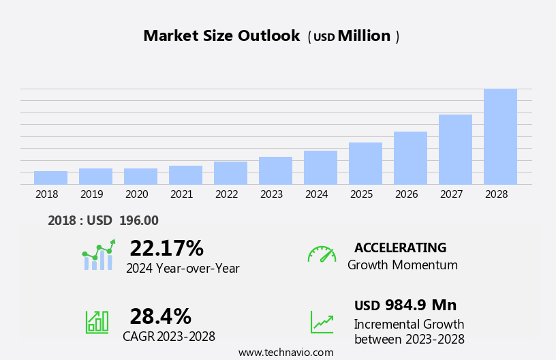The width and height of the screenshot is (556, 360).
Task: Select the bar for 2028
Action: [x=500, y=136]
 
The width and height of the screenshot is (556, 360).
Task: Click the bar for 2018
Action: [x=50, y=178]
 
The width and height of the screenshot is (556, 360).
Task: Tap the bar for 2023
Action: [x=275, y=170]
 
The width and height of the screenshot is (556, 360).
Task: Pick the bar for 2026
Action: [x=410, y=158]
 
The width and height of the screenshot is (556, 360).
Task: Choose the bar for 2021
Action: [x=185, y=175]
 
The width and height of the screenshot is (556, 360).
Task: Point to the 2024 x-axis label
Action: [x=316, y=194]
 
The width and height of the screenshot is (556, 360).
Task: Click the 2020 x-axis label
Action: [x=136, y=194]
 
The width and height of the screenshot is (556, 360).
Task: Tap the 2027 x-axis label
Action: [x=451, y=194]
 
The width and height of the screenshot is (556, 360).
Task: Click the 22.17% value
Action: [x=166, y=248]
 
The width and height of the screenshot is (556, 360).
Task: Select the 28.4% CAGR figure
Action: [x=160, y=316]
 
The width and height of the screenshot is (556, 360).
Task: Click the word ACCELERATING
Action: [x=400, y=247]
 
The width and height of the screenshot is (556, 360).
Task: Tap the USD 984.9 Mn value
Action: [x=405, y=305]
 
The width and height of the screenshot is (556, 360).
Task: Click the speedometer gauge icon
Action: [x=322, y=255]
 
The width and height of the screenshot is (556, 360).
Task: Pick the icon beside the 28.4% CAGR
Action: [x=97, y=321]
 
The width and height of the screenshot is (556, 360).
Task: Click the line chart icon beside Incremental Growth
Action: [x=322, y=322]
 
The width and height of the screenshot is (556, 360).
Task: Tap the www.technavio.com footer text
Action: [x=285, y=352]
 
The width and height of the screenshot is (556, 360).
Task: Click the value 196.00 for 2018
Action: [x=138, y=220]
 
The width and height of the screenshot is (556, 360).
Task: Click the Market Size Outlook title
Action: [x=221, y=36]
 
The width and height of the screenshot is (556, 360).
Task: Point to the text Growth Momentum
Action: [x=402, y=265]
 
